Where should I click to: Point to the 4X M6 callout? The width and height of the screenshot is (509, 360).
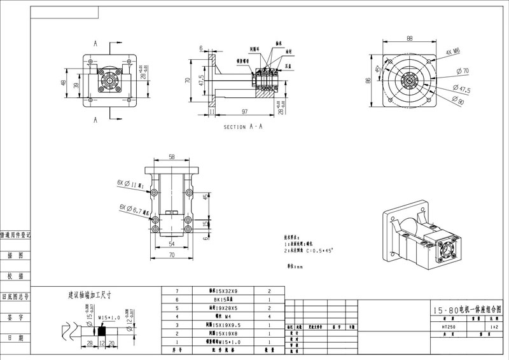(453, 52)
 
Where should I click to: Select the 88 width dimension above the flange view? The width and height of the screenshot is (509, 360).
(410, 38)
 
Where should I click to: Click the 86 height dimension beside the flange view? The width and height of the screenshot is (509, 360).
(368, 81)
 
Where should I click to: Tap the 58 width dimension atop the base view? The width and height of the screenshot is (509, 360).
(172, 156)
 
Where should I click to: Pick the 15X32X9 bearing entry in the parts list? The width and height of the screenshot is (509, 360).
(220, 290)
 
